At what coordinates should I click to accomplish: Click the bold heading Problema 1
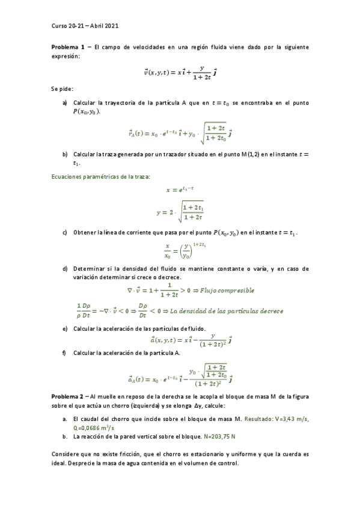point(67,47)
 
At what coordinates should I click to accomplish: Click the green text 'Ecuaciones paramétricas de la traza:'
point(100,176)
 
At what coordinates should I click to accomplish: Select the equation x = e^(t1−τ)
point(180,189)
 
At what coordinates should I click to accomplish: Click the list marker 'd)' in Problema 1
point(65,268)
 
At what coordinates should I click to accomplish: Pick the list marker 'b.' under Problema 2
point(65,435)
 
